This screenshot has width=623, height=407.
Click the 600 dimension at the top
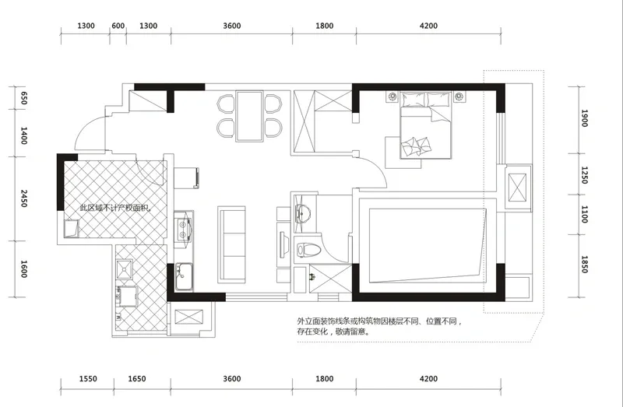tap(118, 26)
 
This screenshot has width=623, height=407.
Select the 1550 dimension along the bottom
tap(88, 379)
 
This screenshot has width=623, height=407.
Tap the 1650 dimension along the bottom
tap(137, 379)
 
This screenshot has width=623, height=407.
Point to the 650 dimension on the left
tap(24, 98)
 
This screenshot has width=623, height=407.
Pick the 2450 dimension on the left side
tap(24, 198)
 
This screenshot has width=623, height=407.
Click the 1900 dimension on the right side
tap(584, 118)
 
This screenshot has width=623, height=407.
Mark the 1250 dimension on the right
tap(584, 175)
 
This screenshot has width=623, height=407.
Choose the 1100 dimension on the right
tap(584, 215)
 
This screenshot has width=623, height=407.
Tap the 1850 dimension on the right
tap(584, 265)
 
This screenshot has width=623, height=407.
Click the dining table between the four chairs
tap(249, 116)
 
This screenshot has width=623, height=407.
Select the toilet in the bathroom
tap(308, 249)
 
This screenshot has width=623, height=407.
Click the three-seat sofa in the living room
tap(231, 244)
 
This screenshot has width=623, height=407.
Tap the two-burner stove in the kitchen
tap(183, 230)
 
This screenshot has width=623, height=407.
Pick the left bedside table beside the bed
tap(392, 96)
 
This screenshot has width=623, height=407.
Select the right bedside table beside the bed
tap(459, 96)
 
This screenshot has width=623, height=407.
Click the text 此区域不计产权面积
tap(116, 208)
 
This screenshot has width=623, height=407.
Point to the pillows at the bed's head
tap(426, 100)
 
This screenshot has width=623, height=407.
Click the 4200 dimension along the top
tap(428, 26)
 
